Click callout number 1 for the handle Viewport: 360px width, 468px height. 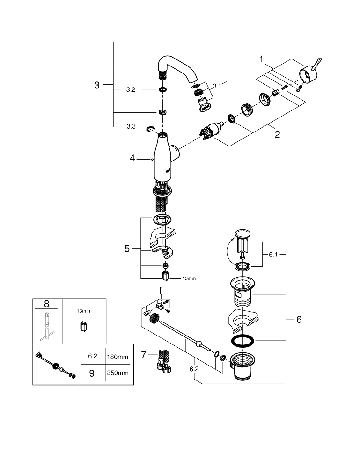(262, 59)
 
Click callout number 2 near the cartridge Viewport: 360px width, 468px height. (277, 134)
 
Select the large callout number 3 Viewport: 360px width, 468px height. (97, 85)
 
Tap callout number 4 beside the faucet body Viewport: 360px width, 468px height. (132, 159)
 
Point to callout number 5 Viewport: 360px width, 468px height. (127, 249)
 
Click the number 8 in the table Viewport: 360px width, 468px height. (47, 303)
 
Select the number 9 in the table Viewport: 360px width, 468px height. (92, 373)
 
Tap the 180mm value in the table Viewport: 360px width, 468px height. (117, 357)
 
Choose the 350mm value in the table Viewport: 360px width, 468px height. (117, 373)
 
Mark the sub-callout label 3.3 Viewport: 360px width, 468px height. (131, 126)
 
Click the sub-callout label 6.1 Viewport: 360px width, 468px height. (273, 255)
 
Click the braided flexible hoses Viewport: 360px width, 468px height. (163, 360)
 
